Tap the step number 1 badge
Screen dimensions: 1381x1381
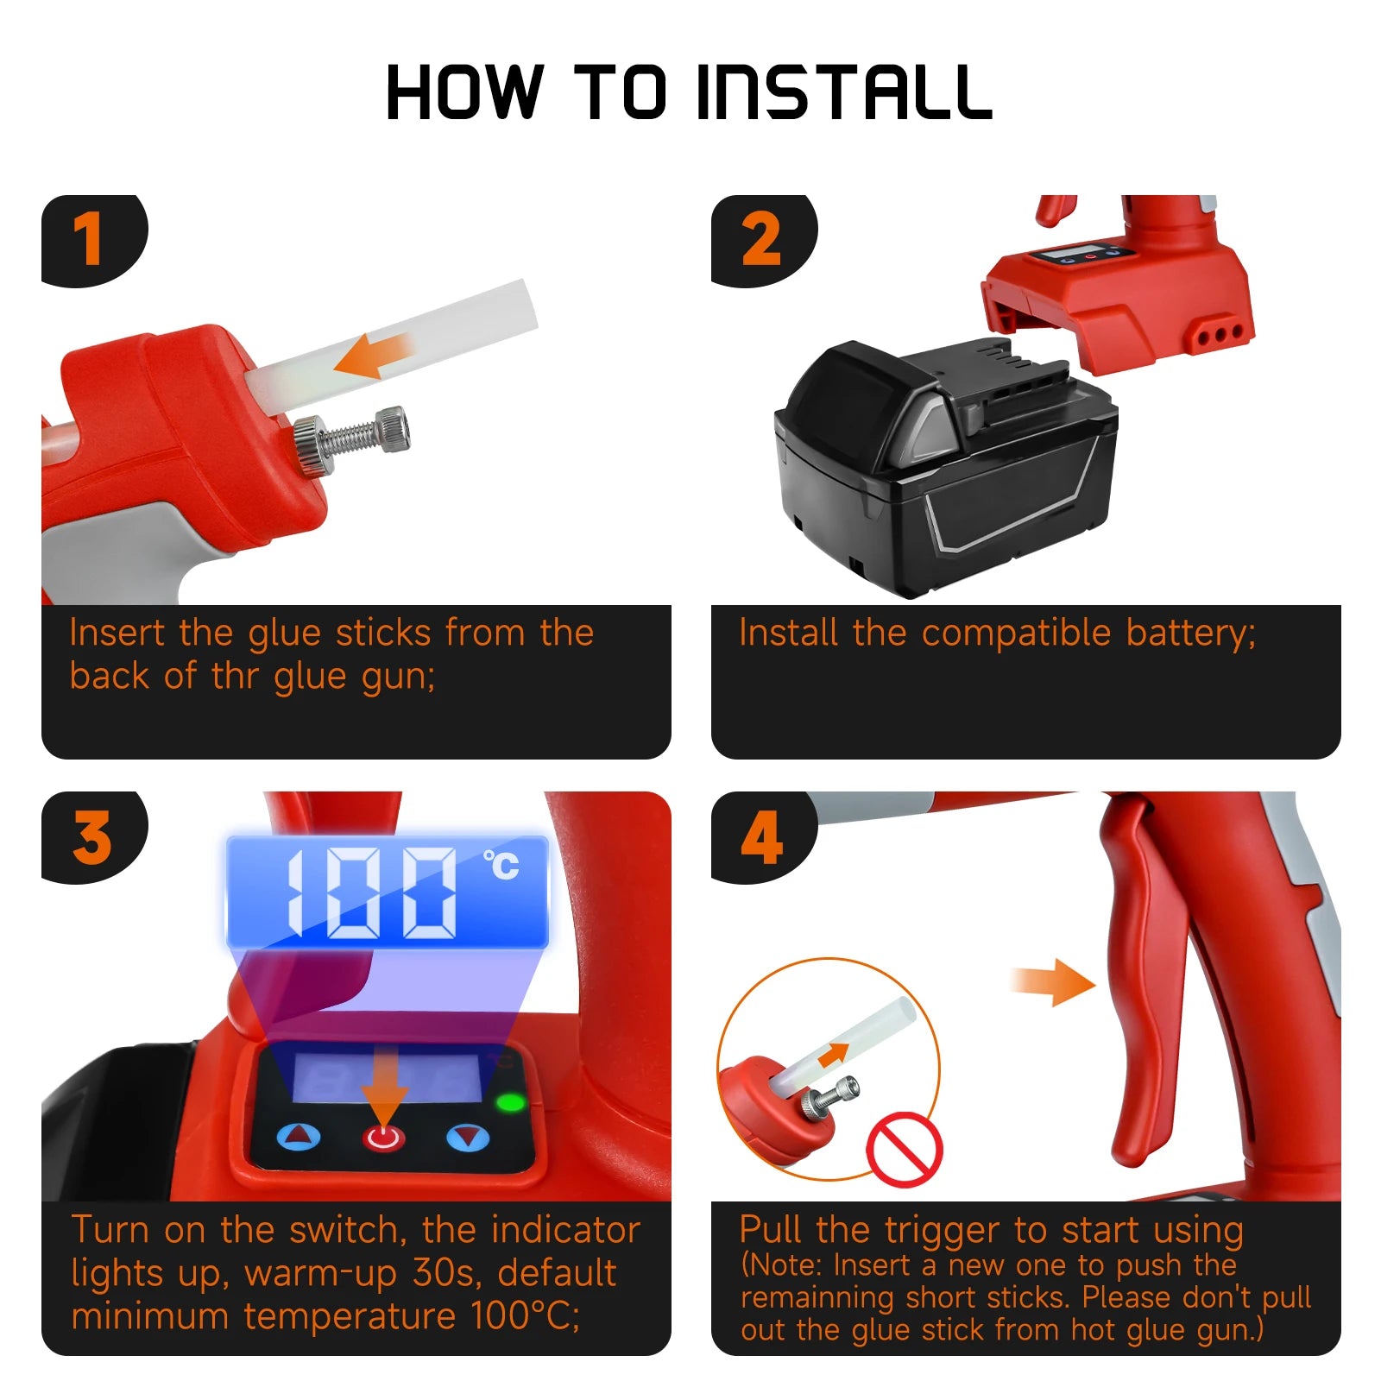[x=89, y=239]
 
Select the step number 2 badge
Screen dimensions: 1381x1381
[x=760, y=239]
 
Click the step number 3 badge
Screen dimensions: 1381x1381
[x=91, y=836]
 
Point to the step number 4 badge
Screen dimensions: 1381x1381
[x=761, y=836]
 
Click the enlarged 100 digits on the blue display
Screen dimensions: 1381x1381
[x=371, y=893]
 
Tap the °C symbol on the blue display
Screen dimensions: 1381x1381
[x=501, y=864]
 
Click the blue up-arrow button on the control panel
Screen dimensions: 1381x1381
[x=299, y=1137]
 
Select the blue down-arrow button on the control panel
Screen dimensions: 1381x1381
[x=468, y=1137]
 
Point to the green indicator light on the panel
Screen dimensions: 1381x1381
[x=511, y=1102]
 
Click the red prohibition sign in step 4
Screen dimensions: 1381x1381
[x=904, y=1149]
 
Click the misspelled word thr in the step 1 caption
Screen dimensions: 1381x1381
[x=235, y=676]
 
